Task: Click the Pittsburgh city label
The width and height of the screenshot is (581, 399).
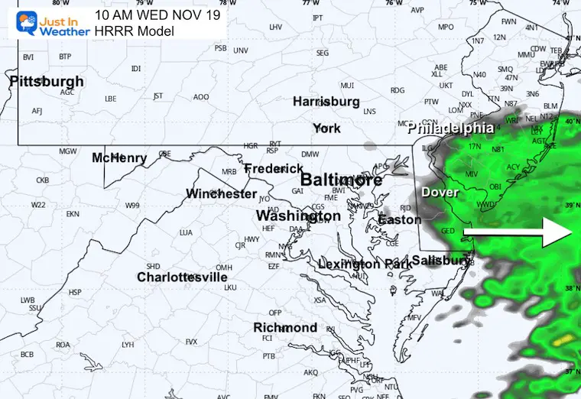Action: pyautogui.click(x=47, y=81)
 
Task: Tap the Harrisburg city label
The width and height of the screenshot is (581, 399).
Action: pyautogui.click(x=326, y=101)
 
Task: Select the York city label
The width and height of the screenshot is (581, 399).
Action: pyautogui.click(x=326, y=128)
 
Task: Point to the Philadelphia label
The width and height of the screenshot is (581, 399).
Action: pyautogui.click(x=450, y=128)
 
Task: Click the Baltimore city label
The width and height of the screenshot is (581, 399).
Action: pyautogui.click(x=340, y=180)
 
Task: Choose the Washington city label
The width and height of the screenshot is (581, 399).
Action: pyautogui.click(x=298, y=216)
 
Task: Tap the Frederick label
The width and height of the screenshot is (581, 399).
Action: pyautogui.click(x=274, y=168)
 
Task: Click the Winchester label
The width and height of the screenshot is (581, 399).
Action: pyautogui.click(x=222, y=193)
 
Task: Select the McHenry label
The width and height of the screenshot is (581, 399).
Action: pyautogui.click(x=119, y=157)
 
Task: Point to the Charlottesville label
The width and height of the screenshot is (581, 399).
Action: pyautogui.click(x=182, y=277)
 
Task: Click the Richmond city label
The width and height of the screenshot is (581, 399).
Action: pyautogui.click(x=285, y=327)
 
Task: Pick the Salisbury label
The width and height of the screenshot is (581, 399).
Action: pyautogui.click(x=440, y=261)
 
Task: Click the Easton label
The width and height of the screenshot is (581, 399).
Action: pyautogui.click(x=399, y=219)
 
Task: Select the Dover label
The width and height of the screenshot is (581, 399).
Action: pyautogui.click(x=440, y=193)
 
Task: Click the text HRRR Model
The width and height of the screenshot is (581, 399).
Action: pyautogui.click(x=135, y=31)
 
